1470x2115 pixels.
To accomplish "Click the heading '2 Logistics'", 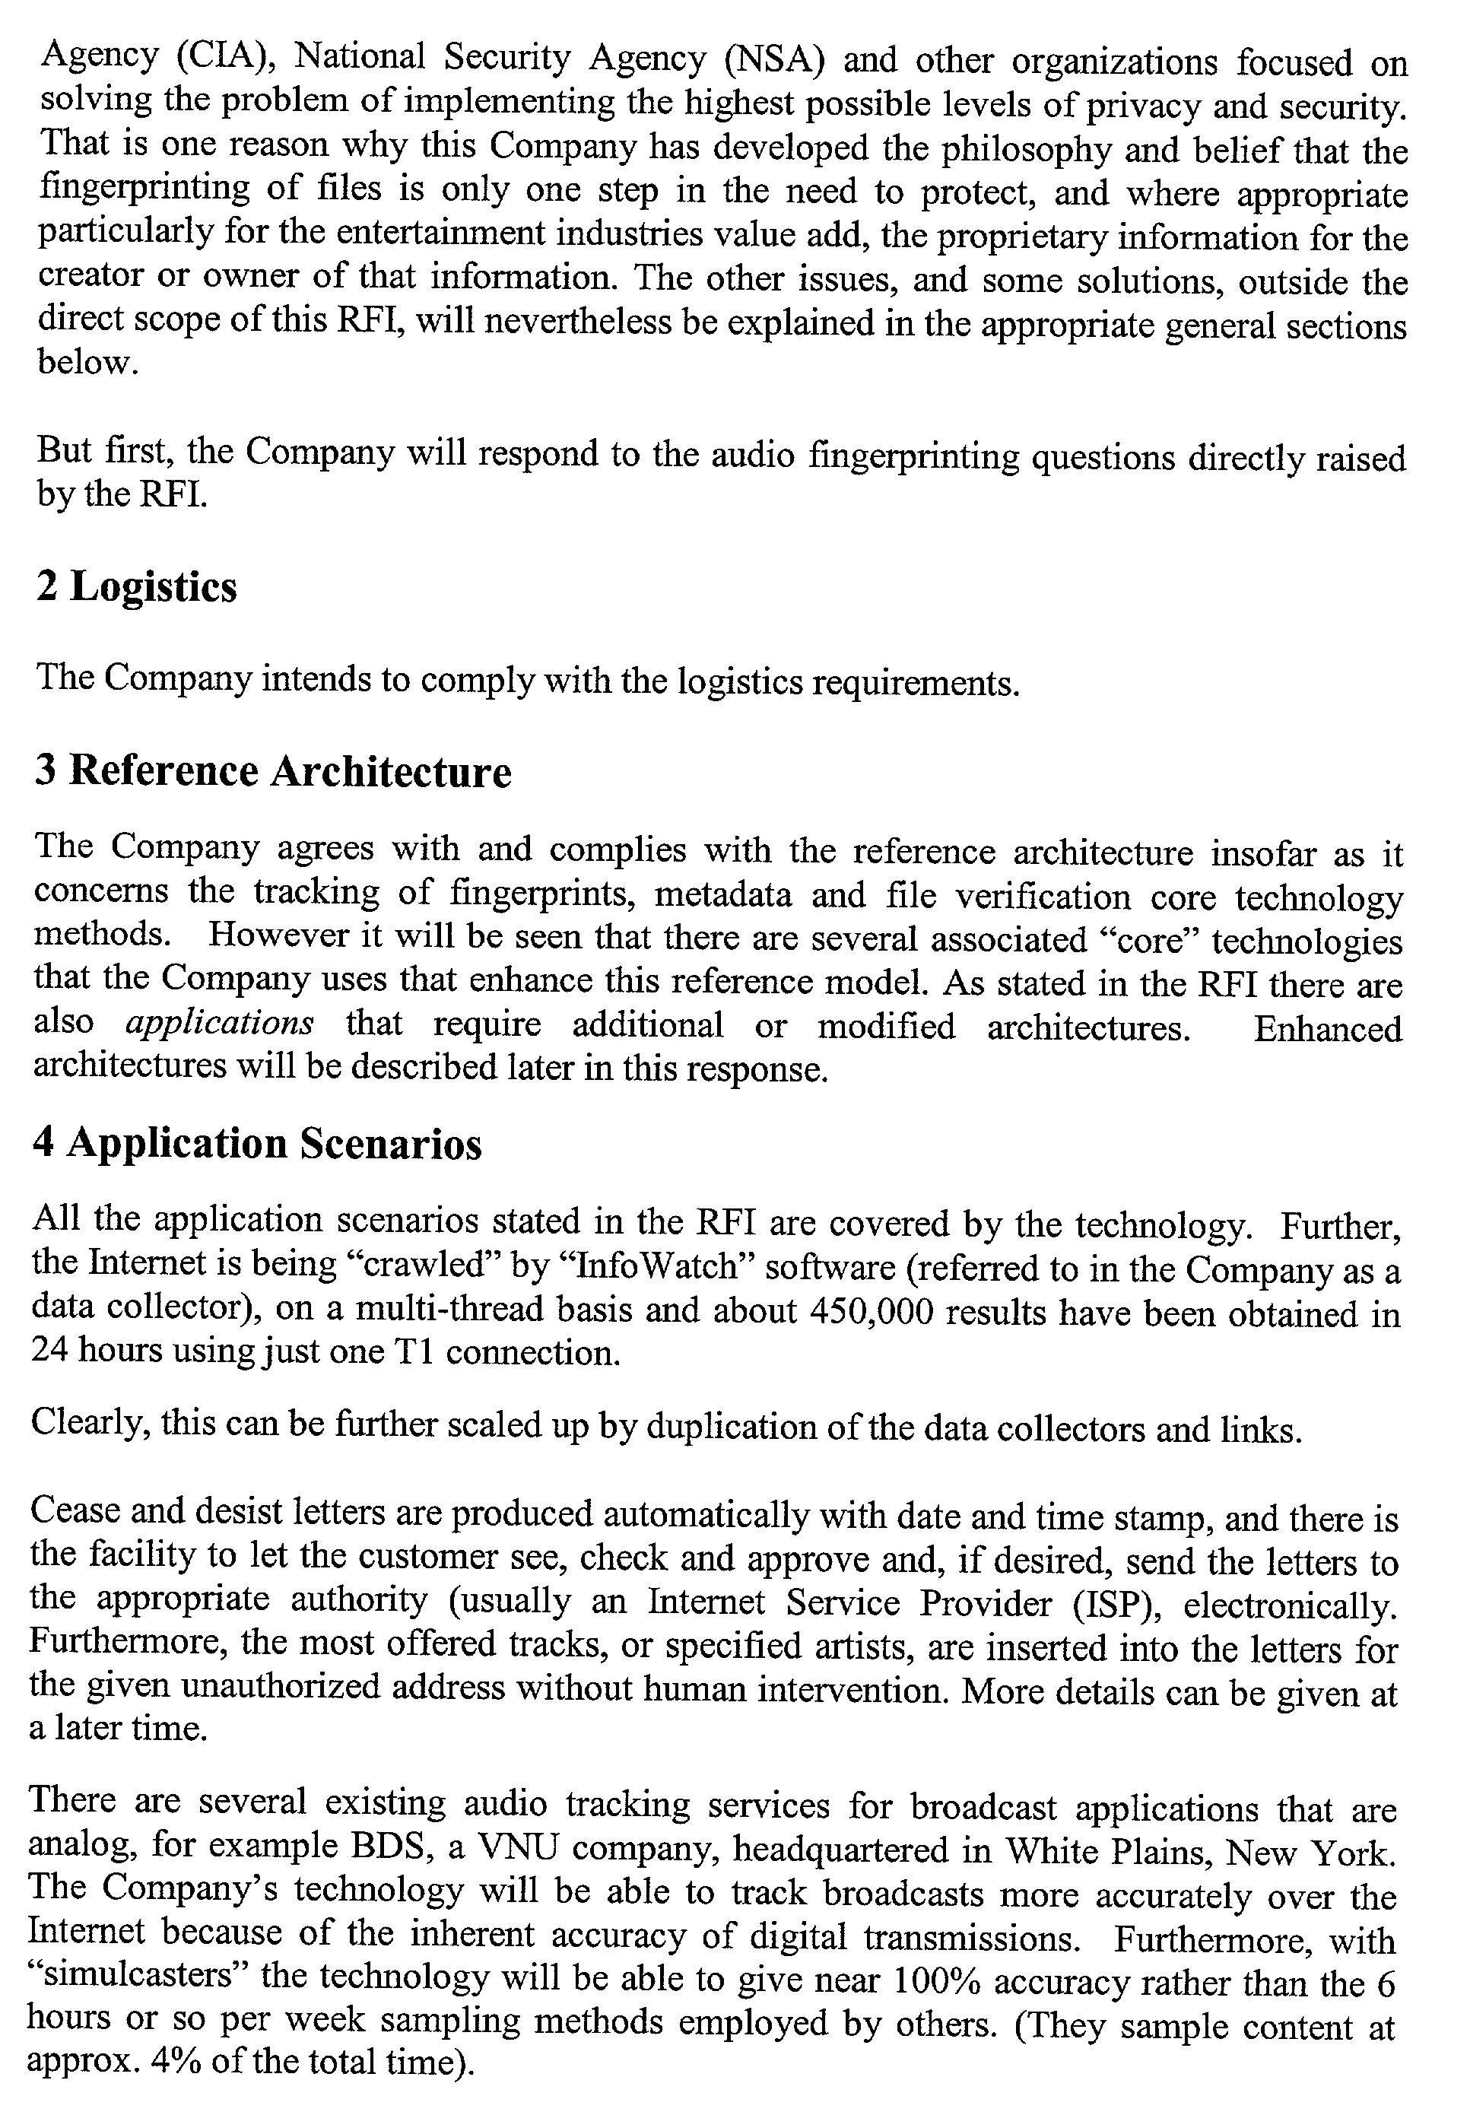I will click(x=136, y=587).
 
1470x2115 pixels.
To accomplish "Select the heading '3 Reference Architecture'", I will click(x=273, y=771).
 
